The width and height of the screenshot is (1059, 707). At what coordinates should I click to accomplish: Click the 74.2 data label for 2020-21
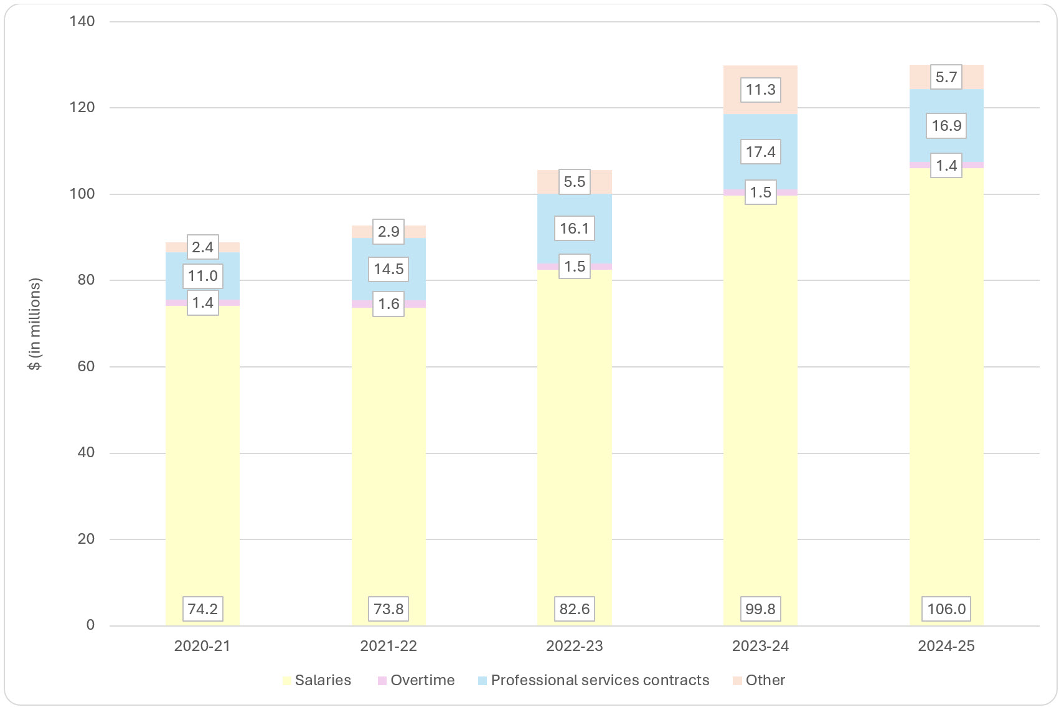(202, 609)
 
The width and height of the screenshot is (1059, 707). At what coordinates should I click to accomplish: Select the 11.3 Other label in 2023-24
(760, 90)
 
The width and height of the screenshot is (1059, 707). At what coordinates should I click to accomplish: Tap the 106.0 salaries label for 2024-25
(946, 609)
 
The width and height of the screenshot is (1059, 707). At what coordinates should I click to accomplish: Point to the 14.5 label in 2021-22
(388, 269)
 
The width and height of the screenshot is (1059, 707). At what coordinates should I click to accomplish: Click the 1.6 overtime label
(388, 304)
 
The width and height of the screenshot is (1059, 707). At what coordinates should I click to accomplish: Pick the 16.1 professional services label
(574, 229)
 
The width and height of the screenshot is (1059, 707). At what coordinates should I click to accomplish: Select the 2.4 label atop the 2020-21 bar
(202, 247)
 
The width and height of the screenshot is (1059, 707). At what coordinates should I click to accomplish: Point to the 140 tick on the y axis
(82, 21)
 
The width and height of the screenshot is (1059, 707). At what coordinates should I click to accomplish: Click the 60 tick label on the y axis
(86, 366)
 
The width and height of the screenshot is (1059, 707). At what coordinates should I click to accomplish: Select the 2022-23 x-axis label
(574, 646)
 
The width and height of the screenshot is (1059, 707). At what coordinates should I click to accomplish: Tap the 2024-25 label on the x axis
(946, 646)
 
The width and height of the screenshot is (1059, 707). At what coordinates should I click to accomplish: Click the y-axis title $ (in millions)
(35, 324)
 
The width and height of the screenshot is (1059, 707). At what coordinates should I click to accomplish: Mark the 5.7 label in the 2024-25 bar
(946, 77)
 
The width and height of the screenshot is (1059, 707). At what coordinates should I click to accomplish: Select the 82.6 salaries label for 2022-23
(574, 609)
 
